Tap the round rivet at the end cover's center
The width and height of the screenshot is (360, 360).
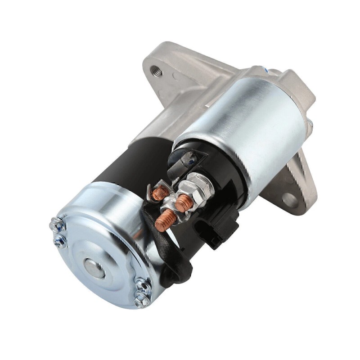coord(93,268)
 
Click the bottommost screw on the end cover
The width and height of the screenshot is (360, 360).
coord(141,300)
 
